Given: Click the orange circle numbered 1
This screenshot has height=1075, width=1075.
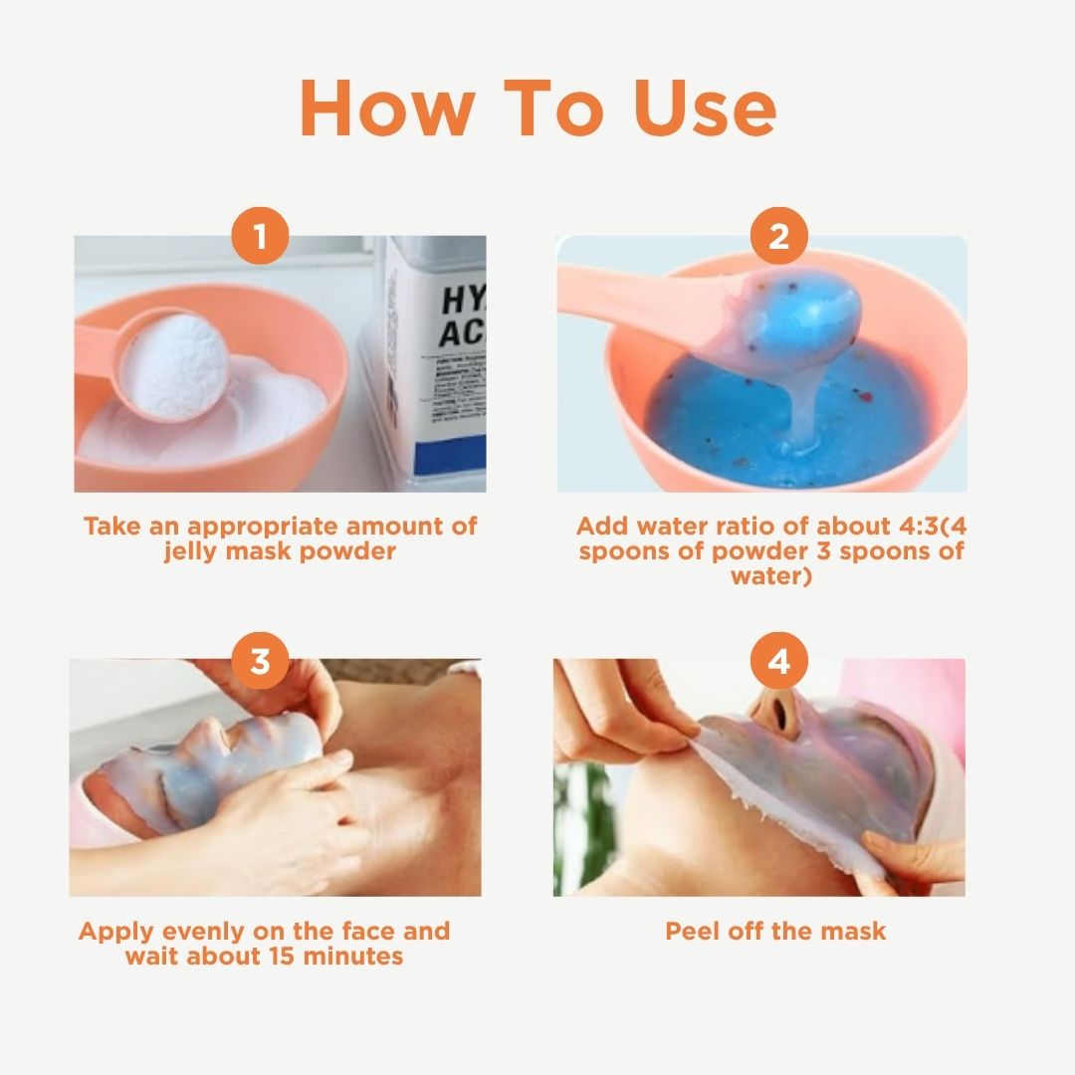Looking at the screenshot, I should pos(260,238).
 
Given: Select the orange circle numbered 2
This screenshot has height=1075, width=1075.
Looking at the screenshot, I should pos(778,238).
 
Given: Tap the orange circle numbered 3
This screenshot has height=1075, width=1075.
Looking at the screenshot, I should pos(260,662).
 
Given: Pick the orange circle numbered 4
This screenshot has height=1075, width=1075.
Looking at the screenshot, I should pos(778,662).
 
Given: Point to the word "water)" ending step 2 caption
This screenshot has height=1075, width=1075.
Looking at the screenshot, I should pos(772,576).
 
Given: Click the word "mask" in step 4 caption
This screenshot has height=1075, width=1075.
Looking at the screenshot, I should pos(852,932).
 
